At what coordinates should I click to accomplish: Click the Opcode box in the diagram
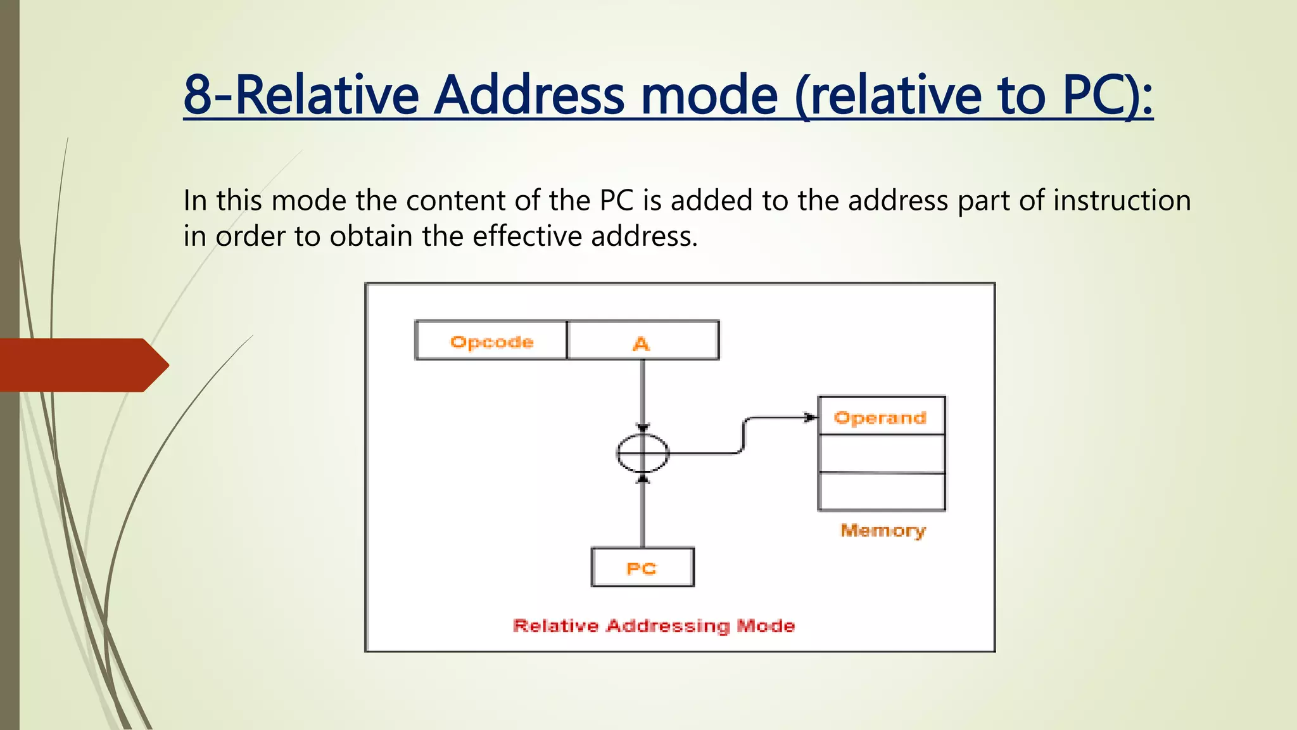pos(491,341)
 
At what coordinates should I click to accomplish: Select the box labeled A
pos(643,341)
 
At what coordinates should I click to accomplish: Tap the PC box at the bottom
pos(642,568)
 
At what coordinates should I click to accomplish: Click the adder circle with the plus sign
pos(643,453)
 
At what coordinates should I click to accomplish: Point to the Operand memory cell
pos(881,416)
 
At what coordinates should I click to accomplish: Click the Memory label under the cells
pos(883,530)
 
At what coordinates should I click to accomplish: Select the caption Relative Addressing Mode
pos(654,626)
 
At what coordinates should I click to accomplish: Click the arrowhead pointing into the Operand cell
pos(810,418)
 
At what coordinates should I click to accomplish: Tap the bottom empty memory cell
pos(881,492)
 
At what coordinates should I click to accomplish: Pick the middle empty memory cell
pos(881,454)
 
